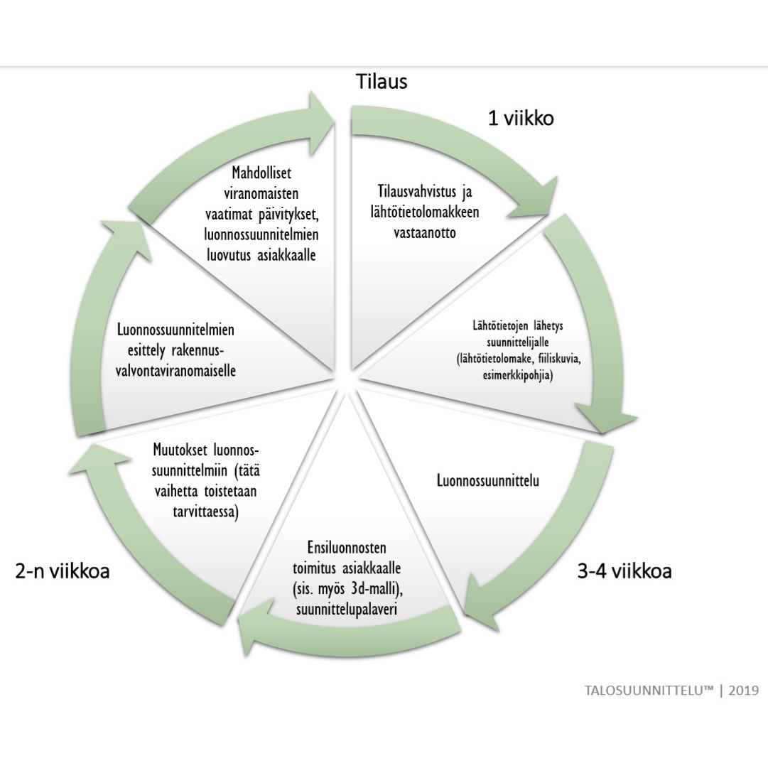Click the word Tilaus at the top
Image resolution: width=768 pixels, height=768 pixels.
click(382, 82)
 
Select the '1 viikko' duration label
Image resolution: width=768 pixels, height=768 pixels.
click(520, 118)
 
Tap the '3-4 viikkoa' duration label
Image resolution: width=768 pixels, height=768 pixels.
click(624, 571)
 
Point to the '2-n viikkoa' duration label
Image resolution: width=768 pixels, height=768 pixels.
click(63, 570)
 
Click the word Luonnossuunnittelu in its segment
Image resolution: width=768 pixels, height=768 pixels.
click(487, 481)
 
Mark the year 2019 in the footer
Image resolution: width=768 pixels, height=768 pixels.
click(743, 690)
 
